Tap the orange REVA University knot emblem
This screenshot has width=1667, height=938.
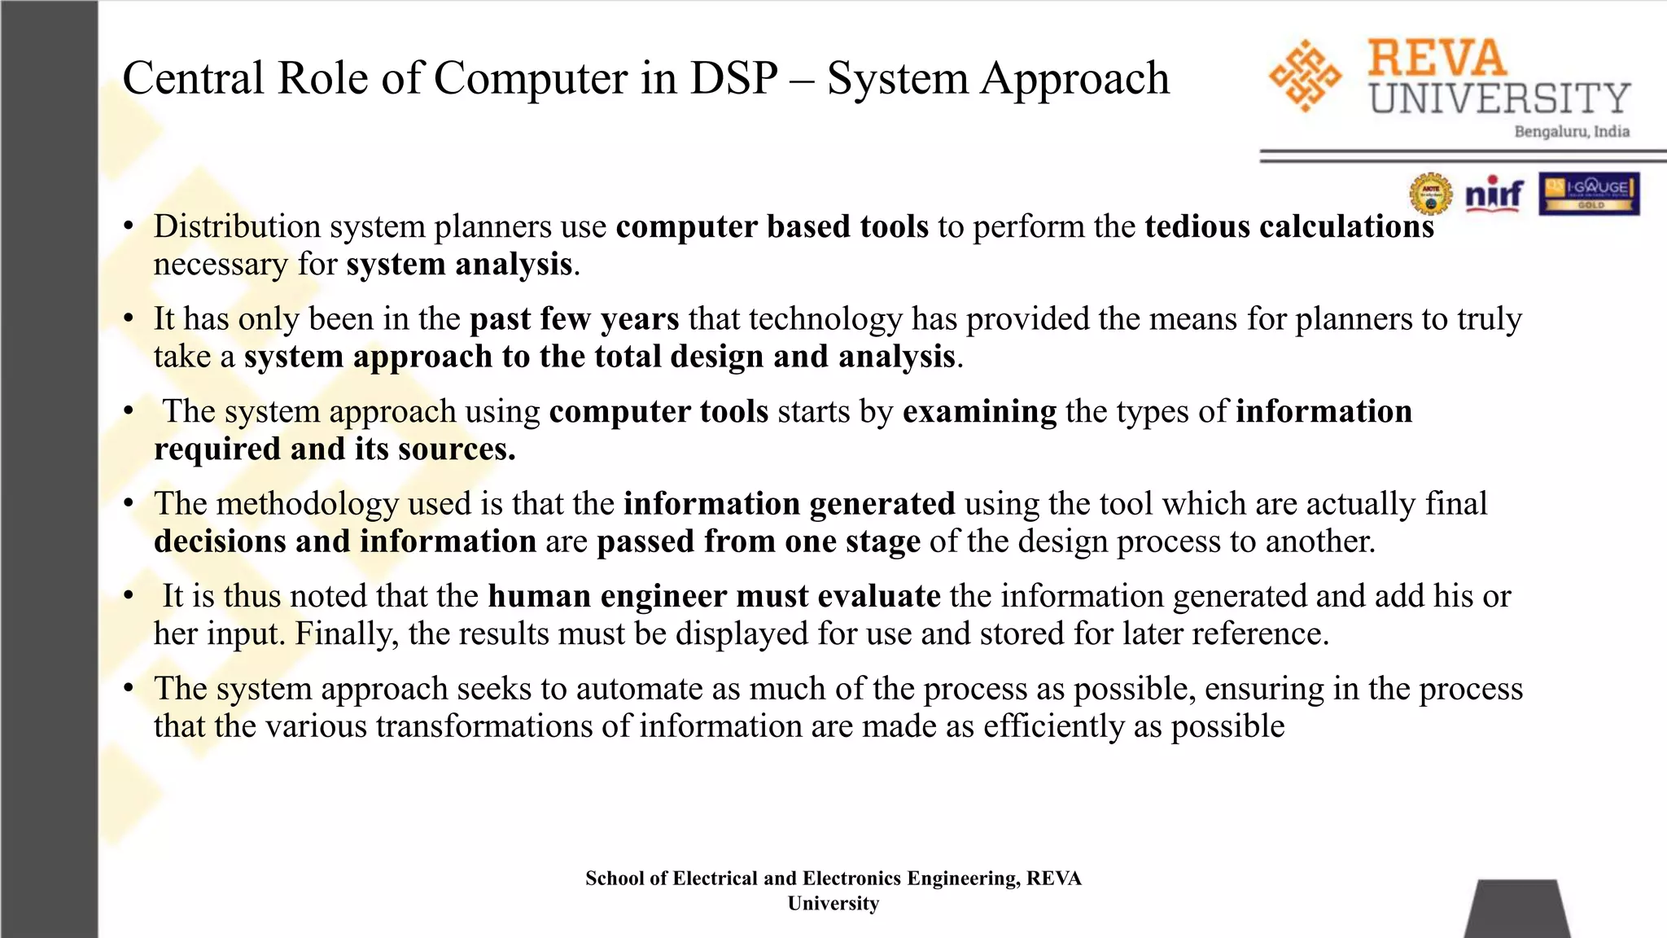1305,76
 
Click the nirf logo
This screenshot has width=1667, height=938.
1494,194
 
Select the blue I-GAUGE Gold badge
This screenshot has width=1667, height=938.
1589,194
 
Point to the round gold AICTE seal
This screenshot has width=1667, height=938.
1431,195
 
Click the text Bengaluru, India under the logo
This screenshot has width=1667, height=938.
1571,132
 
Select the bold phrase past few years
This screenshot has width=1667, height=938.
574,318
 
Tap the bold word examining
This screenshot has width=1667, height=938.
979,411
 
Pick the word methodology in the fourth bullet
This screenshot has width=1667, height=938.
307,504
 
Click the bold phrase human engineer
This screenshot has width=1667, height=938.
606,596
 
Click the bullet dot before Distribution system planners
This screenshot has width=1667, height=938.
129,226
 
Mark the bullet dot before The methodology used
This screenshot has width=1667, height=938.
129,504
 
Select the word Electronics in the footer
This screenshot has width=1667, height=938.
851,878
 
